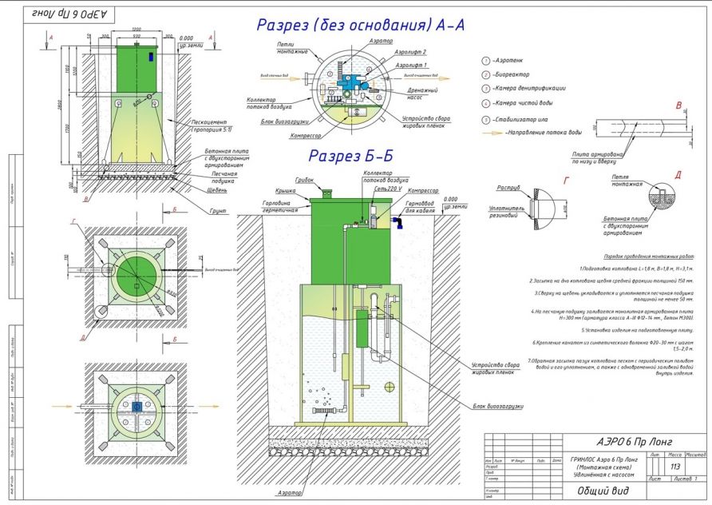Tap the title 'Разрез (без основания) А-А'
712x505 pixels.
point(360,25)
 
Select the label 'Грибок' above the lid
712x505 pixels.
point(303,181)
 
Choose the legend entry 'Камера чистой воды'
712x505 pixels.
point(532,104)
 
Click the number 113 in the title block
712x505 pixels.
point(675,467)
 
